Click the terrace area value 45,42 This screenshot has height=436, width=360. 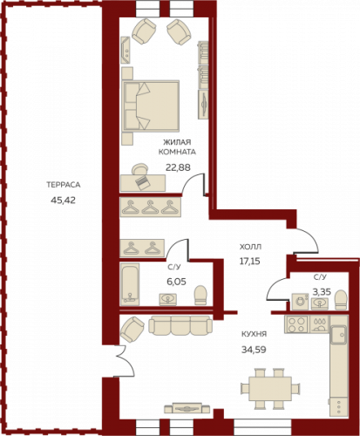(63, 200)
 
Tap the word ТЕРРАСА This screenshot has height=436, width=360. (64, 185)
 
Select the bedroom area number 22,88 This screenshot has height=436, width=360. (178, 167)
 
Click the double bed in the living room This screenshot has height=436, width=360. (151, 105)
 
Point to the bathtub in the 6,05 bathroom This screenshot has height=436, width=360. (130, 284)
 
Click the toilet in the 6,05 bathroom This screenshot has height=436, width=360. (200, 295)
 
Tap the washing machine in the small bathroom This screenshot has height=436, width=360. (300, 301)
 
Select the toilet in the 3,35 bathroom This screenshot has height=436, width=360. (341, 300)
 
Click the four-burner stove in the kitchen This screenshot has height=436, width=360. (297, 324)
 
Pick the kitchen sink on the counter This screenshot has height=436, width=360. (339, 335)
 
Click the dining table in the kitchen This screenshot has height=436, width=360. (270, 389)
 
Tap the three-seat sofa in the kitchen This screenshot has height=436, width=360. (180, 325)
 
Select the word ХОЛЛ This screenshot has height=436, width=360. (250, 247)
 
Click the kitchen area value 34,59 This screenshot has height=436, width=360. (254, 349)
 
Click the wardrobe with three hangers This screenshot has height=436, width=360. (151, 207)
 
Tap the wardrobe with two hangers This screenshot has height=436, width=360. (142, 248)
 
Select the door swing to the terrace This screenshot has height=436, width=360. (126, 361)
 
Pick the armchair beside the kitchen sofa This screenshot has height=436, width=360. (132, 330)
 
